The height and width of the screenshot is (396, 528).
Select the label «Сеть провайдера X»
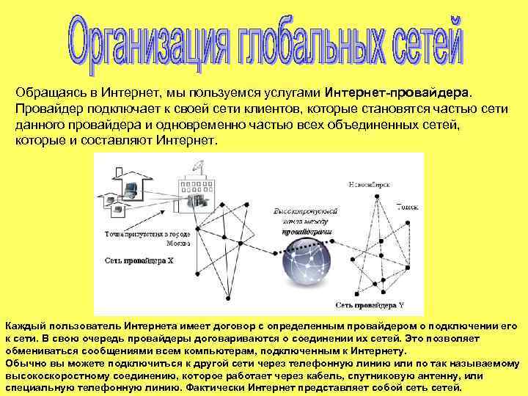tap(139, 260)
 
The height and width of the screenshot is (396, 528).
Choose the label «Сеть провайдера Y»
tap(370, 303)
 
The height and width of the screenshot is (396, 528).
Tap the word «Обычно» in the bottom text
tap(26, 362)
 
